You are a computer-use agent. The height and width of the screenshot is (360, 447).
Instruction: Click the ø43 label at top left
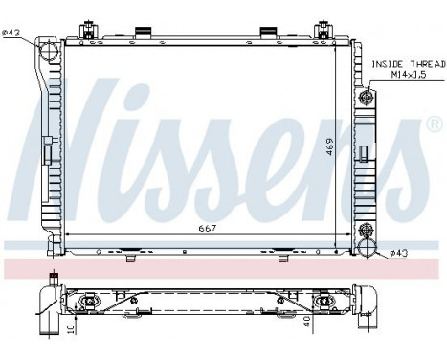[12, 34]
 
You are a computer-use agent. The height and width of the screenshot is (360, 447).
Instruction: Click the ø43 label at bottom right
[399, 252]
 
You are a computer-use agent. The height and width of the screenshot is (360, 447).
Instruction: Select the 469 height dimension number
[329, 147]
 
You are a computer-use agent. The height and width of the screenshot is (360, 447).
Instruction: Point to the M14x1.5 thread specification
[403, 73]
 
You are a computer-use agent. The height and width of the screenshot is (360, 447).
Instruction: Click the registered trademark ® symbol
[433, 124]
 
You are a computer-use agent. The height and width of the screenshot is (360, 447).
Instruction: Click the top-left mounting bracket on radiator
[88, 30]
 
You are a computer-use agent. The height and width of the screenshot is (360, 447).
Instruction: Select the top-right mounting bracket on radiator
[322, 30]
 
